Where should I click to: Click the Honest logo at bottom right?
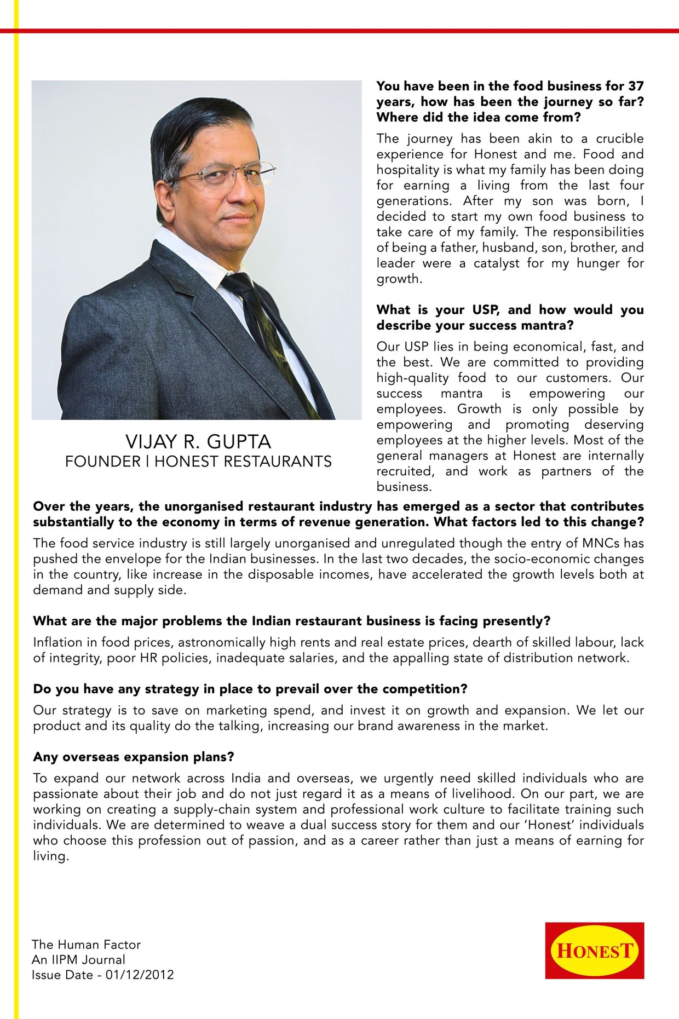(594, 950)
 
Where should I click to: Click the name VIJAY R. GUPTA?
(198, 441)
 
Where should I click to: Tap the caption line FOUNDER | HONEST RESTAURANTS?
(198, 462)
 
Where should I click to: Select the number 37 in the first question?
(636, 86)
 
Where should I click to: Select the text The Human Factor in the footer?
(86, 945)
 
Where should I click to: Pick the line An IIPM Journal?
(78, 959)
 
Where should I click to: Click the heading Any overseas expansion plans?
(134, 757)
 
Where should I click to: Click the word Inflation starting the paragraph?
(55, 642)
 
